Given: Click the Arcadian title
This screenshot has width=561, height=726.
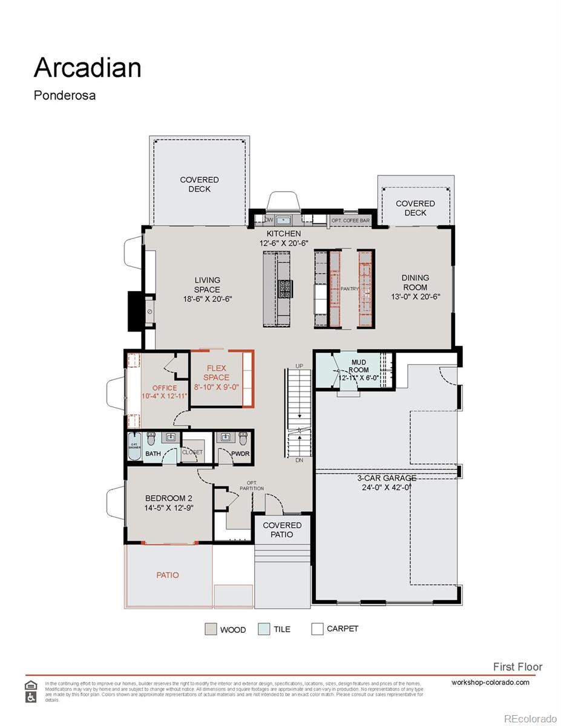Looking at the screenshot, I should tap(87, 68).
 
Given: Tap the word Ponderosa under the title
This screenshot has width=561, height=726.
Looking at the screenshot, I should tap(64, 96).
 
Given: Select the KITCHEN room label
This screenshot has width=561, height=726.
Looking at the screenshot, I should tap(284, 234).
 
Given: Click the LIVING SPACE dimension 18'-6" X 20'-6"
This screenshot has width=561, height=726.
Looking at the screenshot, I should tap(208, 299).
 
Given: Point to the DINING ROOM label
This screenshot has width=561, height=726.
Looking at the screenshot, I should tap(415, 283).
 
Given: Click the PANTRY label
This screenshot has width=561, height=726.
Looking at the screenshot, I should tap(350, 289).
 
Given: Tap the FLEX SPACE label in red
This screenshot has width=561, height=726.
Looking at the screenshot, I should tap(216, 373).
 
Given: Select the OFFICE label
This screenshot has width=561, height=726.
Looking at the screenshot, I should tap(165, 388).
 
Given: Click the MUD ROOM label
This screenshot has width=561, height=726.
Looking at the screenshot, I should tap(359, 366).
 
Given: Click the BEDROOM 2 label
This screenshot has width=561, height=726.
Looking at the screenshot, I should tap(168, 498).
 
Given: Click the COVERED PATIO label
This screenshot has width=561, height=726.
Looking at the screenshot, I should tap(282, 529).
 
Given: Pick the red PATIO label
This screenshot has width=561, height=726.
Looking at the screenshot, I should tap(168, 575).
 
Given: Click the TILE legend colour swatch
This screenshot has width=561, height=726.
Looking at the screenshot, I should tap(263, 629).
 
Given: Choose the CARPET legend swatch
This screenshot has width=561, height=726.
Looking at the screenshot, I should tap(317, 629).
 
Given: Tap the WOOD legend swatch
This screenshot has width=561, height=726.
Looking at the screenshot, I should tap(211, 629).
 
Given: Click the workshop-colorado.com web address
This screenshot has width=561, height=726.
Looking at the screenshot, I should tap(490, 682).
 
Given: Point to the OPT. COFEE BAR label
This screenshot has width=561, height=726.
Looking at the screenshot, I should tap(350, 221).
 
